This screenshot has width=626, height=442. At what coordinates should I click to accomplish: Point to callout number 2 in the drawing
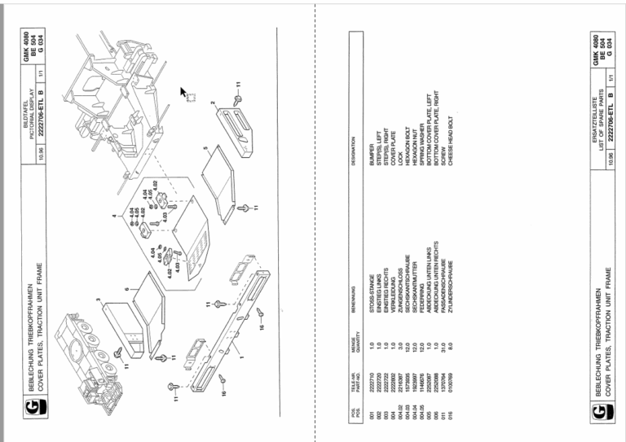tap(213, 103)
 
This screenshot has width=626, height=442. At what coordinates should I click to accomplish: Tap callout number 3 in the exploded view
tap(97, 300)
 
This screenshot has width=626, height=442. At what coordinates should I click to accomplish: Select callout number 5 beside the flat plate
tap(206, 149)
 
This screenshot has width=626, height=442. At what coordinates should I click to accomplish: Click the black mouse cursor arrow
tap(183, 90)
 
